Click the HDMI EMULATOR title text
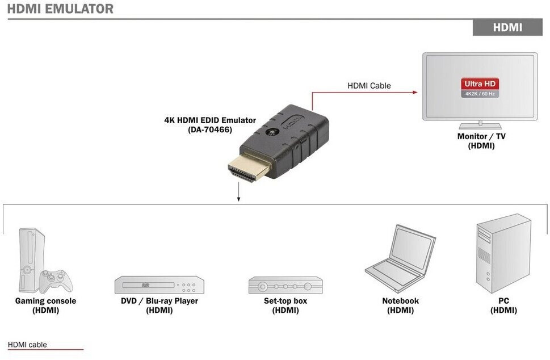(60, 9)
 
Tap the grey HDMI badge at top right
(507, 27)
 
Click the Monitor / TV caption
(481, 136)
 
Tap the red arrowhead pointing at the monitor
(416, 91)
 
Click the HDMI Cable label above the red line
(369, 86)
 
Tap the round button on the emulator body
(273, 133)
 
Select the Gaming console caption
(45, 301)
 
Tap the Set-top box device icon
(285, 285)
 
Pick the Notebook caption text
(400, 301)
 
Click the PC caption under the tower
(503, 301)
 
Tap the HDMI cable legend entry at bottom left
(27, 345)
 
